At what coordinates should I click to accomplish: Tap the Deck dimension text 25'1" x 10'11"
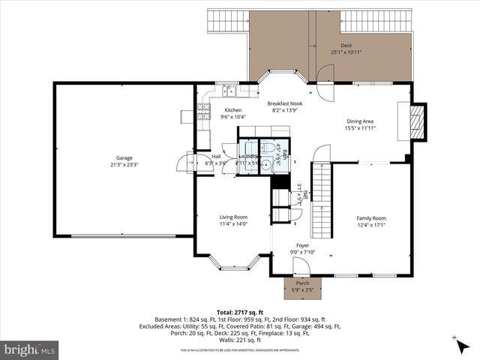click(x=346, y=52)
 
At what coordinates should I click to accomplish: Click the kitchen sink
click(x=229, y=92)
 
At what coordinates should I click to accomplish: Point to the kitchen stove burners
click(x=202, y=112)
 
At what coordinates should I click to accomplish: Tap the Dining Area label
click(x=359, y=121)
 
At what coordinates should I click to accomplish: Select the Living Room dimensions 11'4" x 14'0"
click(x=232, y=223)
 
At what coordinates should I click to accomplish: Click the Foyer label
click(x=302, y=245)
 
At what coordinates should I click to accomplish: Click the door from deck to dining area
click(x=326, y=84)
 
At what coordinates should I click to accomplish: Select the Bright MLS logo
click(x=30, y=349)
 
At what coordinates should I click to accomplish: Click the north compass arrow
click(x=457, y=343)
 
